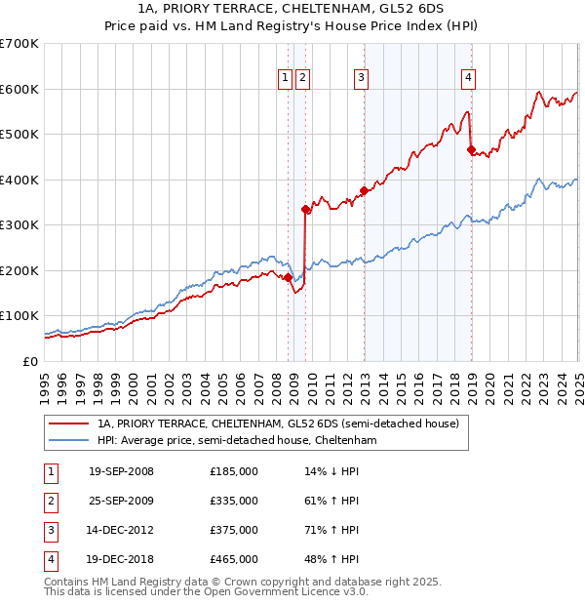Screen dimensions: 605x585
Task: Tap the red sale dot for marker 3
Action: coord(364,190)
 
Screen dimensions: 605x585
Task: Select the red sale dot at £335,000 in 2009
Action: coord(306,209)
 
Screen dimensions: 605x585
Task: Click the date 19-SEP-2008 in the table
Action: coord(121,471)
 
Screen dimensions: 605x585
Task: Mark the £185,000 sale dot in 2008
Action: coord(288,277)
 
